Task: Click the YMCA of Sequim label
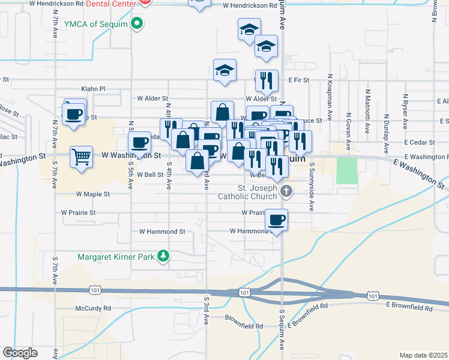click(98, 24)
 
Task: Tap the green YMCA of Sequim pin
click(137, 24)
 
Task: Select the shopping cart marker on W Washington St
click(81, 157)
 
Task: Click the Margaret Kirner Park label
click(116, 257)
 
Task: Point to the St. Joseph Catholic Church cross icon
click(287, 192)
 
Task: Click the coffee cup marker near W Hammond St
click(276, 220)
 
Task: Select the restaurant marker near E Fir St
click(265, 80)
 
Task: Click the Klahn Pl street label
click(93, 89)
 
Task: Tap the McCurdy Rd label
click(93, 308)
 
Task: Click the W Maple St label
click(93, 194)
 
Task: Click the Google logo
click(20, 352)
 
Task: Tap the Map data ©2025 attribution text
click(423, 355)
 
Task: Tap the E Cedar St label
click(418, 143)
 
